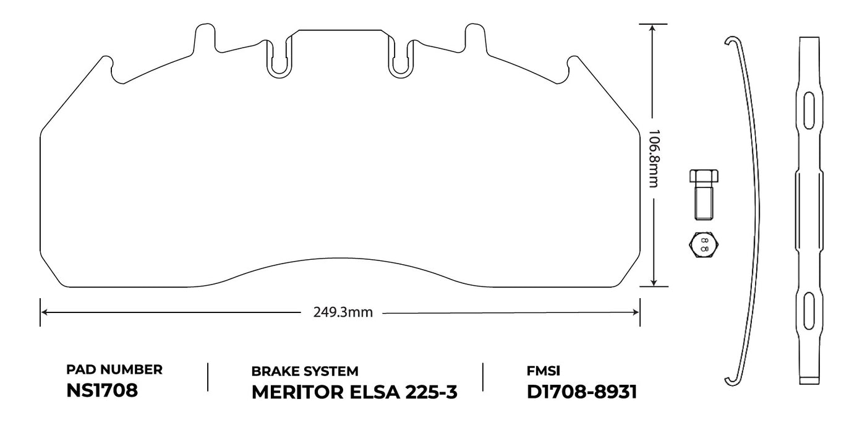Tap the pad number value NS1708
[x=101, y=391]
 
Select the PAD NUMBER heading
[x=114, y=370]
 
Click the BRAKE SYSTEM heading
[x=304, y=371]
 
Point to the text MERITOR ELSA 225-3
[x=354, y=392]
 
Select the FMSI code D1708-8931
[x=582, y=392]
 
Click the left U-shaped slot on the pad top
[x=281, y=57]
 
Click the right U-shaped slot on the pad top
[x=401, y=57]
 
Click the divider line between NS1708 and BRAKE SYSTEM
[x=208, y=377]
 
